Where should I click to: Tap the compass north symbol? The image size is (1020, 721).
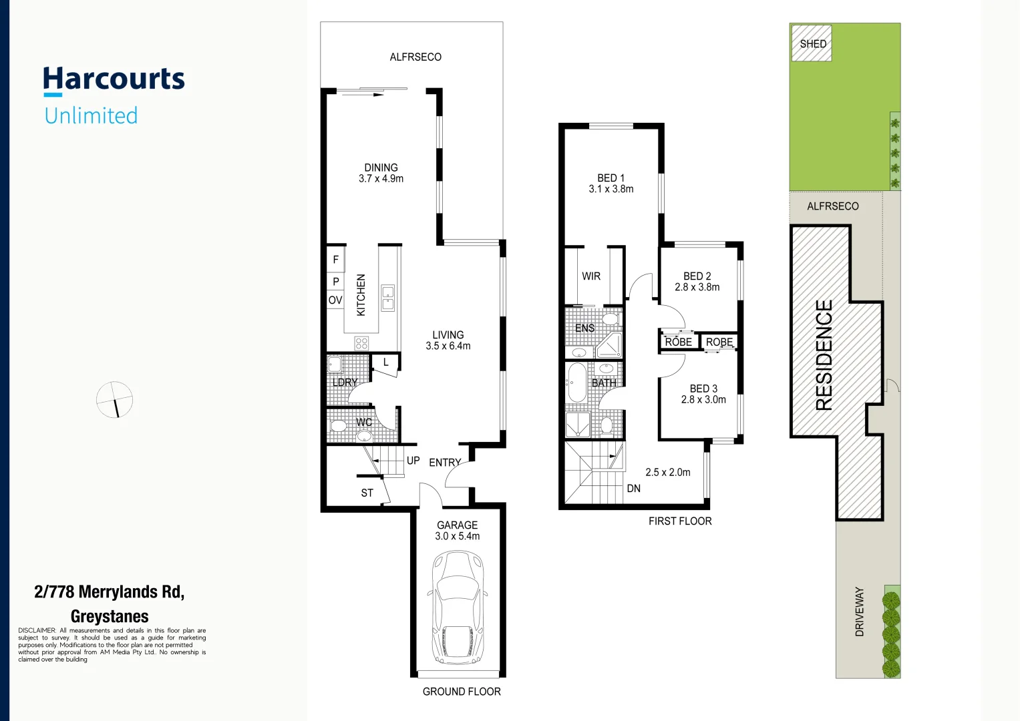pyautogui.click(x=115, y=400)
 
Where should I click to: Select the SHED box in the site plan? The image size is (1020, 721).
pyautogui.click(x=812, y=43)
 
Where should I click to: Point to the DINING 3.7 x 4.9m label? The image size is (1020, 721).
pyautogui.click(x=381, y=173)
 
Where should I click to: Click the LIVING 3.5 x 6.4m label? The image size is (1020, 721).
pyautogui.click(x=448, y=340)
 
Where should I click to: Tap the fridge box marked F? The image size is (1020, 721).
pyautogui.click(x=335, y=260)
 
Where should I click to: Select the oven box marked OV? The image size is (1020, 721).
pyautogui.click(x=335, y=300)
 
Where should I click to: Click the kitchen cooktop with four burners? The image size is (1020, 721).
pyautogui.click(x=361, y=344)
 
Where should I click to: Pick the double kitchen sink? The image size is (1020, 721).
pyautogui.click(x=388, y=298)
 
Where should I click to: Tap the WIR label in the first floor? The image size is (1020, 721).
pyautogui.click(x=591, y=276)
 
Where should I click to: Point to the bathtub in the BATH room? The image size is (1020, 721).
pyautogui.click(x=576, y=383)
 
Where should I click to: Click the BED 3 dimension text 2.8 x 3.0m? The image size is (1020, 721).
pyautogui.click(x=703, y=400)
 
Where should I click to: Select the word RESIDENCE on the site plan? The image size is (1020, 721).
pyautogui.click(x=825, y=354)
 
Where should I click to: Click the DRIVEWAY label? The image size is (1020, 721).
pyautogui.click(x=860, y=612)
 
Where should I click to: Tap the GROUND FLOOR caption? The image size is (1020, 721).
pyautogui.click(x=462, y=692)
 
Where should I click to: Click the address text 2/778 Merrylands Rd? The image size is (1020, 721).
pyautogui.click(x=110, y=592)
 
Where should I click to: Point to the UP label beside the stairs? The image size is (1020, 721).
pyautogui.click(x=413, y=461)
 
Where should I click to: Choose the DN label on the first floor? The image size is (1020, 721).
pyautogui.click(x=634, y=489)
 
